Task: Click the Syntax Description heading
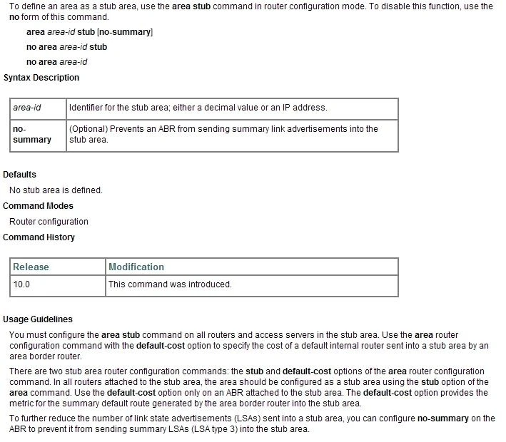(x=41, y=77)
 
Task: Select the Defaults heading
(x=20, y=174)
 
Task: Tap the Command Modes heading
(x=39, y=206)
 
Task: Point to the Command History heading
(x=39, y=237)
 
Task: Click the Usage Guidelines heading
(x=38, y=319)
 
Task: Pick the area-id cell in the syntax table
(x=27, y=108)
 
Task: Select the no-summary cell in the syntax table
(x=32, y=134)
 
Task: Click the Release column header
(x=31, y=267)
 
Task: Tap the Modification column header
(x=136, y=267)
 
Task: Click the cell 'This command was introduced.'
(x=170, y=284)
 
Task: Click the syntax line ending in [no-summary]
(x=89, y=32)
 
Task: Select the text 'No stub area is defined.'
(x=56, y=190)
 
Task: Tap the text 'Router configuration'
(x=49, y=222)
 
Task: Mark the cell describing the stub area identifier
(x=198, y=108)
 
